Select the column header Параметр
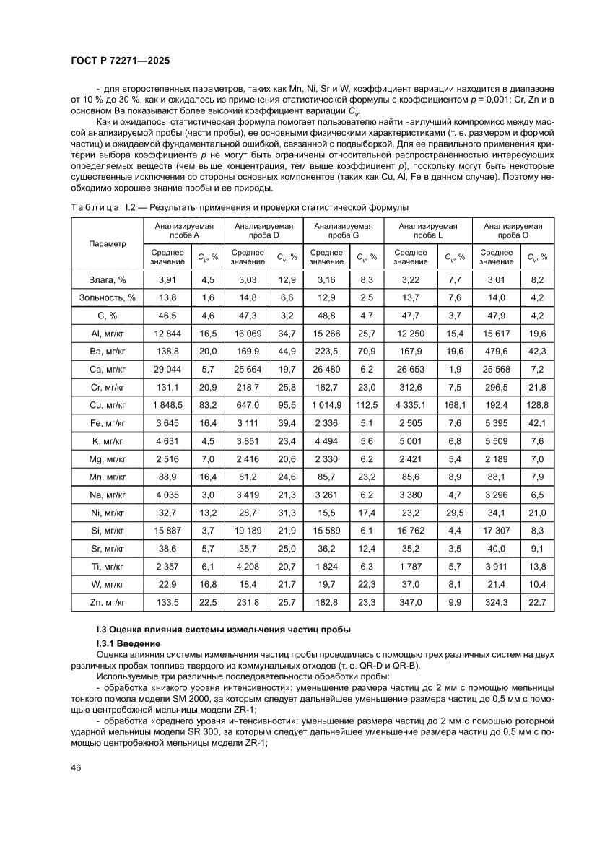point(107,243)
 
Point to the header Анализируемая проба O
point(513,230)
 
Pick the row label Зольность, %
point(107,297)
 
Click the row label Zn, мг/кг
point(107,600)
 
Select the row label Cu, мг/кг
point(107,405)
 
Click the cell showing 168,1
point(454,405)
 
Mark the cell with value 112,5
point(369,405)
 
